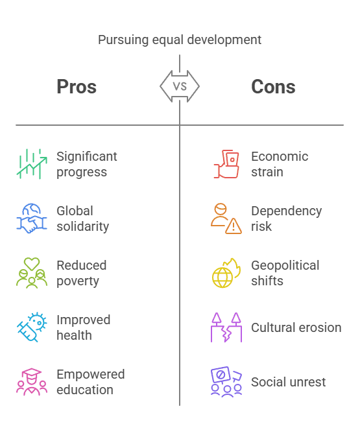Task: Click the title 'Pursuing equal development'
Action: point(180,40)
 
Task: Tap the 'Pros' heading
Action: point(77,86)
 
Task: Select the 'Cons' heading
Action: point(273,86)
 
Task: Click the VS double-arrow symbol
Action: point(180,86)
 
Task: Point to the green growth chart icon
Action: point(32,164)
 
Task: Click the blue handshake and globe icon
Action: point(32,218)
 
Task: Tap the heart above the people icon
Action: point(32,263)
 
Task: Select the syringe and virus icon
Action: point(32,327)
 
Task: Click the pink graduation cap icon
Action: point(32,381)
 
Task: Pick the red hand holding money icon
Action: point(226,164)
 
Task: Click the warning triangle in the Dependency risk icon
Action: point(234,226)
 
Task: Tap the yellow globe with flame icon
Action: point(226,272)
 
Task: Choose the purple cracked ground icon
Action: point(226,327)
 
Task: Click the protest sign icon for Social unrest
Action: point(226,381)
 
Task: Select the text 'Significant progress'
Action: point(87,164)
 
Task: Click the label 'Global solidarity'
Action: point(83,218)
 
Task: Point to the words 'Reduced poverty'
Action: point(82,273)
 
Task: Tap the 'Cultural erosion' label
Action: point(296,327)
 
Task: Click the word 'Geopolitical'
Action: point(285,266)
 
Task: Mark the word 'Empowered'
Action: point(91,375)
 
